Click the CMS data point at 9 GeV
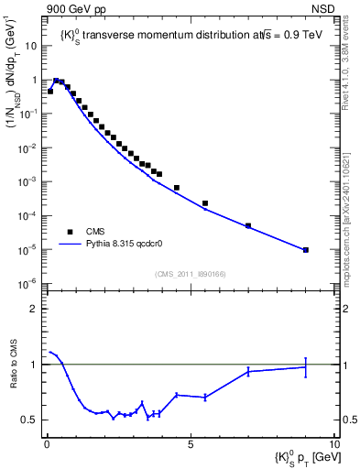tap(306, 249)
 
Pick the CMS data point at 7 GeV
tap(248, 225)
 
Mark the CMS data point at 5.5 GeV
tap(205, 203)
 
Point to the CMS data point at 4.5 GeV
tap(177, 188)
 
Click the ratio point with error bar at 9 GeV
tap(306, 367)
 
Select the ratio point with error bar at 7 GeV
tap(248, 371)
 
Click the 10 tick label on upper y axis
tap(30, 46)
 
